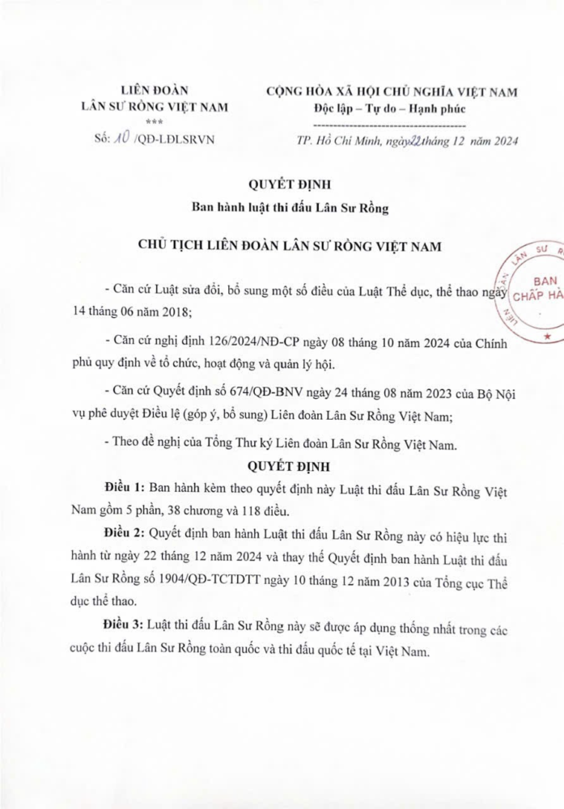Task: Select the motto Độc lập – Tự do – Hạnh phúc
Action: tap(390, 108)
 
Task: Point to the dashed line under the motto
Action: tap(390, 125)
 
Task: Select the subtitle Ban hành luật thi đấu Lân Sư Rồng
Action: tap(289, 208)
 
